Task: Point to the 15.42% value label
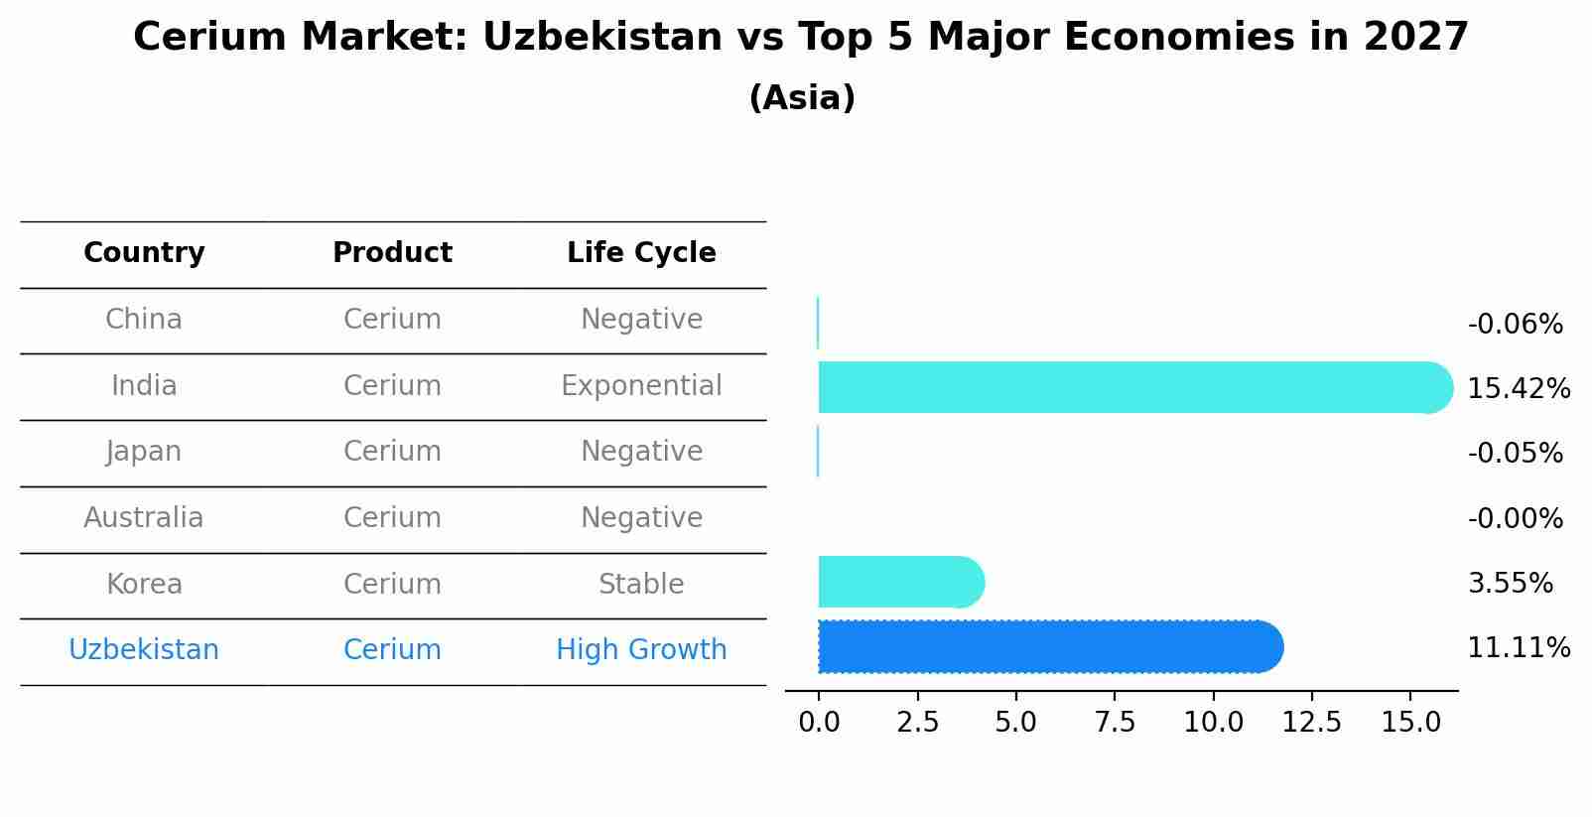(x=1518, y=389)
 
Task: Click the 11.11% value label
(x=1518, y=648)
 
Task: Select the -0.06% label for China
(x=1515, y=325)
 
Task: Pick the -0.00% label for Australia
(x=1515, y=519)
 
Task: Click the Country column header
(x=144, y=253)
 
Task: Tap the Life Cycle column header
(x=641, y=253)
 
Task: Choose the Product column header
(x=392, y=253)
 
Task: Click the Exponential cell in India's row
(x=641, y=386)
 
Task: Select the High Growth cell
(x=641, y=650)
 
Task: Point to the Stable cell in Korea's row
(x=641, y=585)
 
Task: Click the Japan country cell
(x=144, y=452)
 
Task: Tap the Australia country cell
(x=144, y=518)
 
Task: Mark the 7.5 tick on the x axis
(x=1115, y=723)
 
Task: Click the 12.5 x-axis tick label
(x=1311, y=723)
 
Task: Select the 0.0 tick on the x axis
(x=819, y=723)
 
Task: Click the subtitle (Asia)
(x=802, y=98)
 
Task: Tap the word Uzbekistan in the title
(x=602, y=38)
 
